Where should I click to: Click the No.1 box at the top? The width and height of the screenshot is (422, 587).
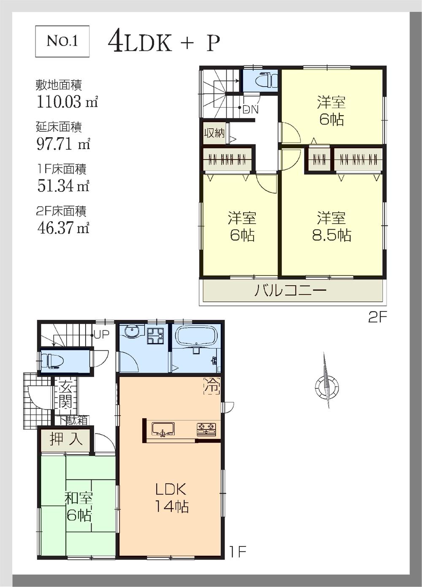[x=62, y=41]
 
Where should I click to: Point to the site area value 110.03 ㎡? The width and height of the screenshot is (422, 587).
[x=67, y=102]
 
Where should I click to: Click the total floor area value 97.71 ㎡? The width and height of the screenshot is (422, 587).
[x=63, y=144]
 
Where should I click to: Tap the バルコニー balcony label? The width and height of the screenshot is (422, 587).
[x=290, y=291]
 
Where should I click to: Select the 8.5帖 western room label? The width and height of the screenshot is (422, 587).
[x=331, y=227]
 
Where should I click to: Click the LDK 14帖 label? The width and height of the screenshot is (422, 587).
[x=171, y=498]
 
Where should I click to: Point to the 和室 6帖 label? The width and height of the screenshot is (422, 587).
[x=78, y=506]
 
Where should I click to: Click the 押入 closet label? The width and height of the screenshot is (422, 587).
[x=66, y=439]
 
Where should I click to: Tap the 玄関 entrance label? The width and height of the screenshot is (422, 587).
[x=65, y=395]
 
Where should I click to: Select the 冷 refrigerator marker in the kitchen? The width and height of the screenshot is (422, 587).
[x=212, y=386]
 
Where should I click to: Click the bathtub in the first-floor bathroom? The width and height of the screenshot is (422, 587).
[x=196, y=336]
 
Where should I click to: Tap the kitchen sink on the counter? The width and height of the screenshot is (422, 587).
[x=163, y=430]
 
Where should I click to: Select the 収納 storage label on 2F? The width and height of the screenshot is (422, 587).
[x=214, y=133]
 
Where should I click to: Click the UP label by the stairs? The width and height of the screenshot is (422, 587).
[x=101, y=335]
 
